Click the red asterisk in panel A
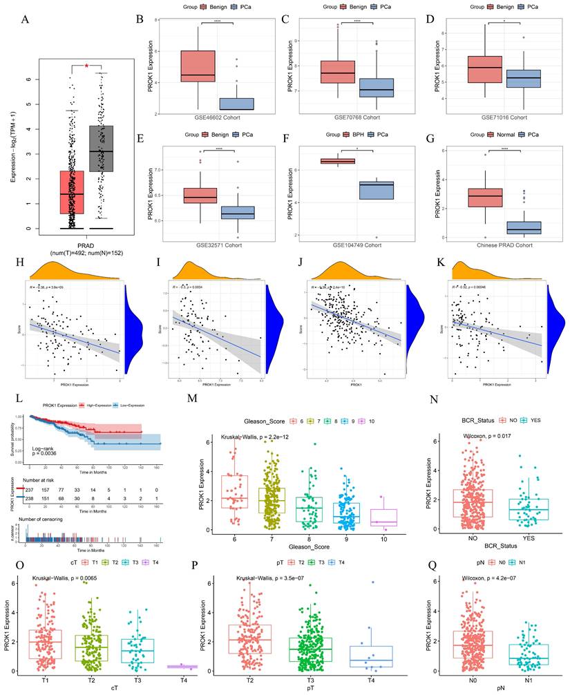click(86, 66)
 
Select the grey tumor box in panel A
click(106, 149)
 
